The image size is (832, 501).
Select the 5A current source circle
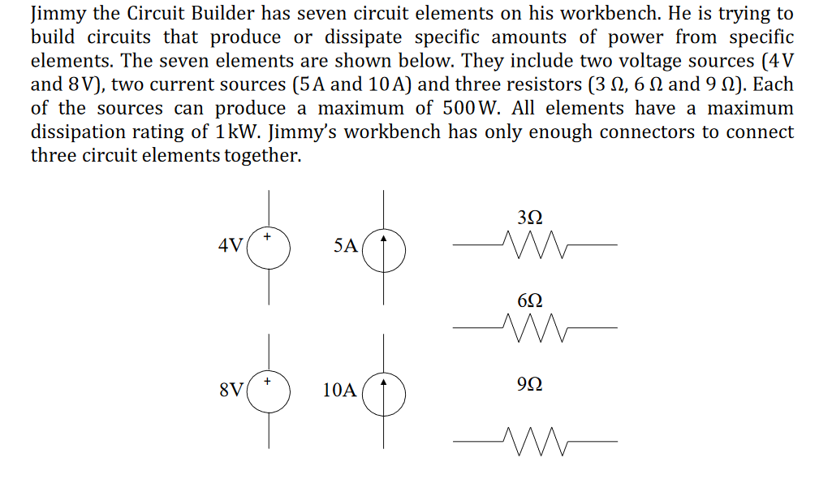(384, 248)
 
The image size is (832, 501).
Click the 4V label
(231, 244)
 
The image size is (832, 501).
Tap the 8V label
(231, 389)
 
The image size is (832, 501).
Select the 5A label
(345, 245)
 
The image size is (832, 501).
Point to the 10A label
(339, 390)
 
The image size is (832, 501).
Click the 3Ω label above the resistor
(528, 218)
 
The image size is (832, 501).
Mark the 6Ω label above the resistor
(528, 300)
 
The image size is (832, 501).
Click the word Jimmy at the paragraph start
(54, 15)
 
